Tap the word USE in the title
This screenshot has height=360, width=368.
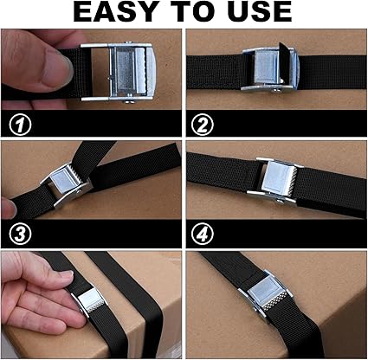point(257,12)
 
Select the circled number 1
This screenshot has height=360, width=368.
point(20,125)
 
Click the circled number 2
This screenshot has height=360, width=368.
point(203,125)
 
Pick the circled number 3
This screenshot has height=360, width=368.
point(20,235)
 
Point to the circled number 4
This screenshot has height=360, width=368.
point(203,235)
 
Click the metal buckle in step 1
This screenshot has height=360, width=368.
point(119,73)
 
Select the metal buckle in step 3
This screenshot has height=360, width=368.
point(67,184)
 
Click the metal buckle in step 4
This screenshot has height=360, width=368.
point(274,180)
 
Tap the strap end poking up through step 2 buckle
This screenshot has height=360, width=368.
point(284,61)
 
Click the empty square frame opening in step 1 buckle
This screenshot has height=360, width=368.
point(100,72)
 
